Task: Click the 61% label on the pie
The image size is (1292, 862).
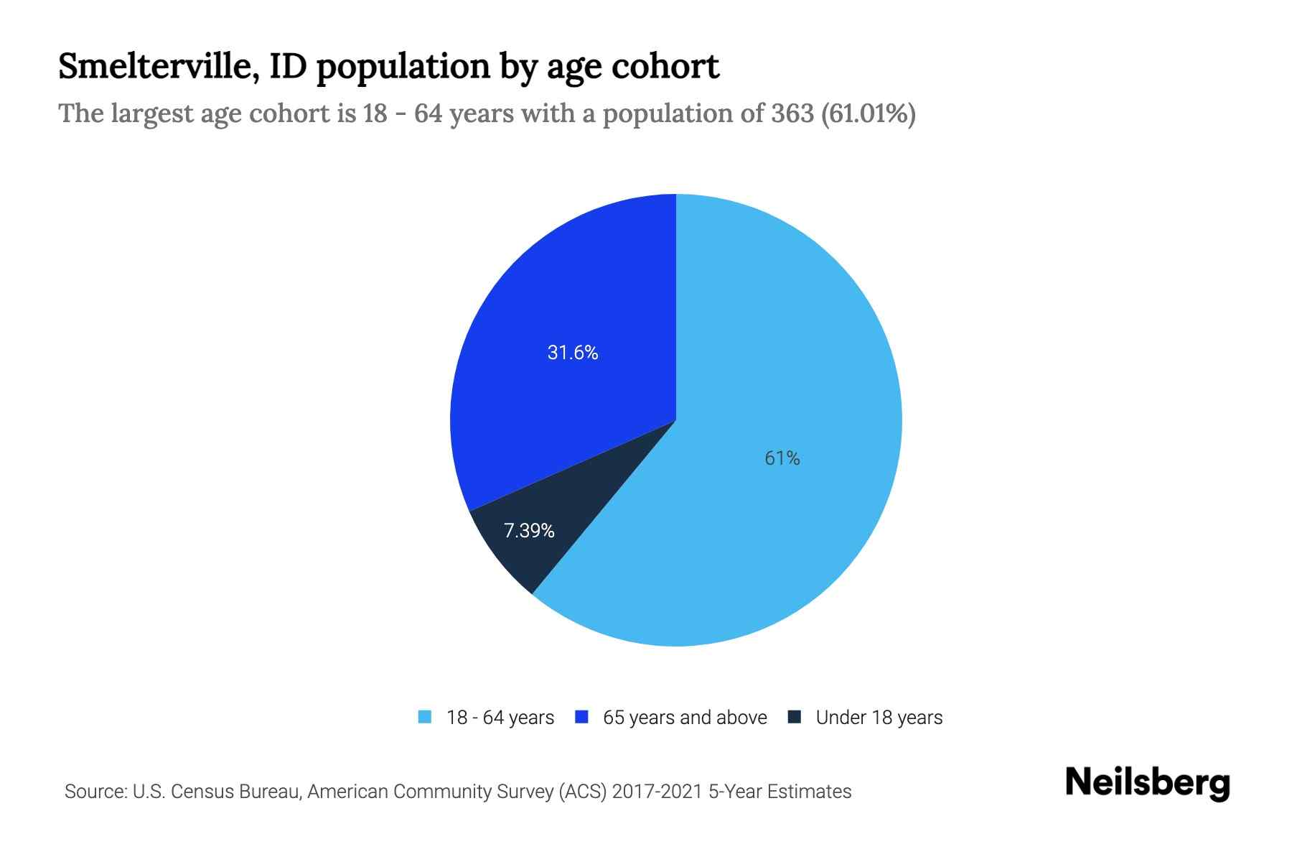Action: (x=782, y=458)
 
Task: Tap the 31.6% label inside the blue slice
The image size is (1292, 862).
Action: (x=572, y=353)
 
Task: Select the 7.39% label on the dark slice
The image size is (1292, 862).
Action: (x=529, y=531)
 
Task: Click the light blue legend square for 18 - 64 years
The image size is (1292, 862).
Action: (x=425, y=717)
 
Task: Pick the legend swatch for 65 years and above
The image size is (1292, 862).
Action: (x=582, y=717)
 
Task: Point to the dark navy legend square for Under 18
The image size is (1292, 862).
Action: (x=795, y=717)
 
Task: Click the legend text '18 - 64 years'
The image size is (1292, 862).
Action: (x=500, y=718)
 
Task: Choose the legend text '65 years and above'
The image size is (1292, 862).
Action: (x=685, y=718)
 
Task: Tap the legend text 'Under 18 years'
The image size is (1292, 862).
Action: (x=879, y=718)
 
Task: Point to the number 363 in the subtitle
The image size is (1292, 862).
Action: (x=792, y=113)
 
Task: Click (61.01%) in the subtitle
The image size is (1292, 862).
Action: (x=868, y=113)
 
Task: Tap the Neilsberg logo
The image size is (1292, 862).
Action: (x=1147, y=783)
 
